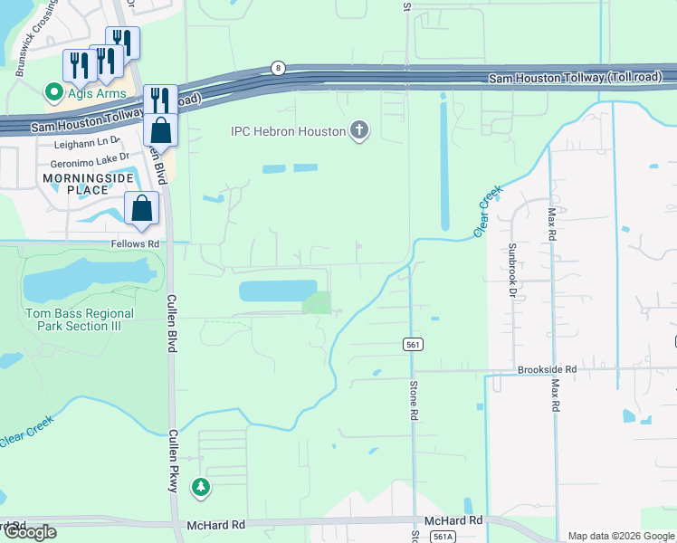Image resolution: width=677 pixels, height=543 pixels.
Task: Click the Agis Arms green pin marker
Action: [53, 91]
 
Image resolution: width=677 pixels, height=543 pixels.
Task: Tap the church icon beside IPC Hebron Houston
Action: [359, 131]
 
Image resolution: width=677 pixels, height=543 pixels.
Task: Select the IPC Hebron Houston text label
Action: [289, 132]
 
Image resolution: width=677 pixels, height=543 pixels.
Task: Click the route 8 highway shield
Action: [278, 68]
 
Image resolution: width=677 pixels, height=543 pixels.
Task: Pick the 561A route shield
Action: [442, 537]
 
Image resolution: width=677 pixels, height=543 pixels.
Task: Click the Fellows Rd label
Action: [135, 244]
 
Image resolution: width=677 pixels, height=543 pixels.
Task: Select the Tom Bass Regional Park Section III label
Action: [79, 319]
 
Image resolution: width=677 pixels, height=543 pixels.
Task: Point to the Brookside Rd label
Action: [547, 369]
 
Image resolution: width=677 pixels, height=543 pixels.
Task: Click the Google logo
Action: [29, 531]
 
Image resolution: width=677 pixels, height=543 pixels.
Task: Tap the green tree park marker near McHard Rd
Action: [200, 488]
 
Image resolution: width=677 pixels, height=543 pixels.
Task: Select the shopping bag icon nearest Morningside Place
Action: [142, 209]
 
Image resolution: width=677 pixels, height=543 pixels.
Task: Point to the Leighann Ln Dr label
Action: [87, 143]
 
